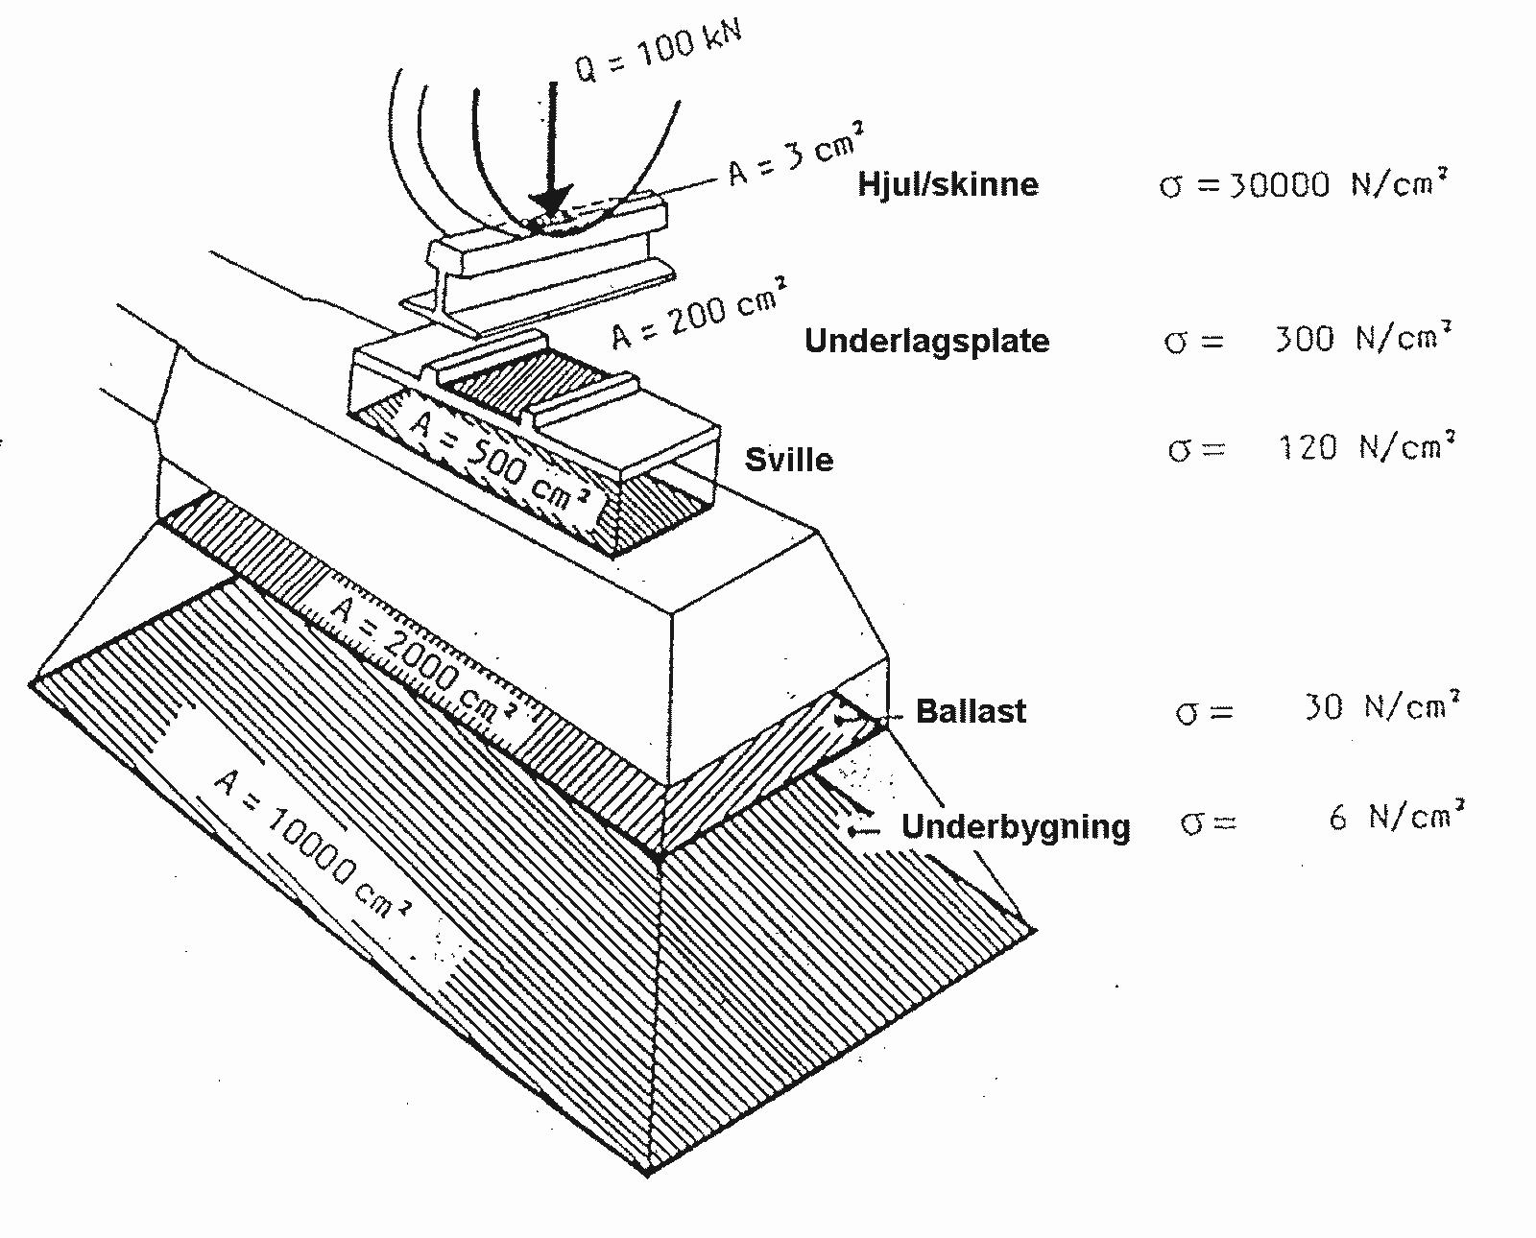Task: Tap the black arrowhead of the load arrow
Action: tap(550, 202)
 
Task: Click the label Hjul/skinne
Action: tap(948, 183)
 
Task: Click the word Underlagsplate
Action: tap(926, 341)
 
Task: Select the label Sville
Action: tap(789, 459)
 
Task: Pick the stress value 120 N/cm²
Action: tap(1366, 447)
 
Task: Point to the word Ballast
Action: tap(971, 711)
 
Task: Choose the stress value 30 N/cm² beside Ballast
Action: tap(1380, 708)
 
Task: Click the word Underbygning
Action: tap(1016, 826)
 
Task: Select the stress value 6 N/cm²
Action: tap(1397, 817)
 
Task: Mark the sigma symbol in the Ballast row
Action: tap(1189, 712)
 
